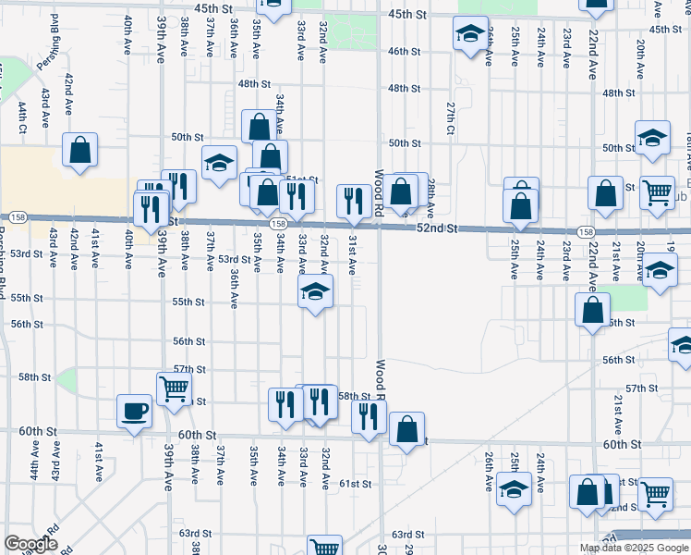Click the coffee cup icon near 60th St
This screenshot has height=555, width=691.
point(134,411)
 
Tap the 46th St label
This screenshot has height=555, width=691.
point(405,51)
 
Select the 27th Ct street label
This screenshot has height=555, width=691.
point(451,117)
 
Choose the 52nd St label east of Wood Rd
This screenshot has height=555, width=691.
point(438,228)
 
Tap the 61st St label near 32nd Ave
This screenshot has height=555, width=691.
point(354,484)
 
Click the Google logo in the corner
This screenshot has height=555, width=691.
point(30,544)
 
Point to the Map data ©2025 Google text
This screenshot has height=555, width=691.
point(635,548)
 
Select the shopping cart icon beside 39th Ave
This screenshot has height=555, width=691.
point(173,388)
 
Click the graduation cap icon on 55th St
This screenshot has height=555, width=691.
point(315,293)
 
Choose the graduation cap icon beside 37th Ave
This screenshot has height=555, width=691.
point(220,163)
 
